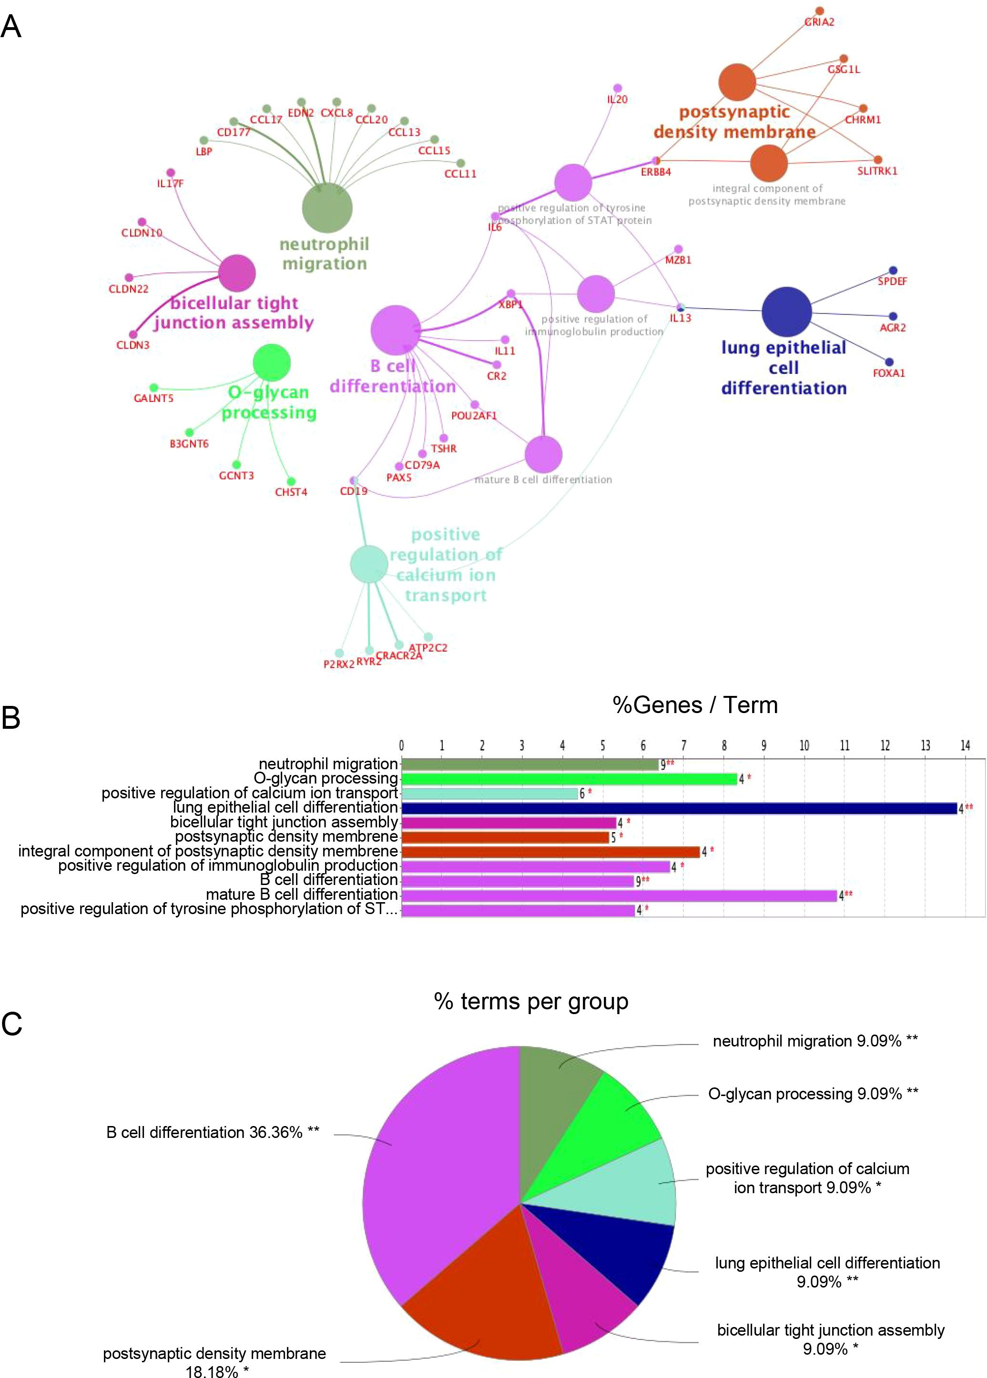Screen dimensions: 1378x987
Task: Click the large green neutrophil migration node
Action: pos(327,208)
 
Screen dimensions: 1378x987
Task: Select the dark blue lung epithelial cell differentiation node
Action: pos(786,312)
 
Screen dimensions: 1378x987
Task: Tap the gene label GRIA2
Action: pos(819,22)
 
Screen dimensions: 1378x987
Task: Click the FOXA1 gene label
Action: pos(888,373)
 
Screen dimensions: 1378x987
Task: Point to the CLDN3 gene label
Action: pos(132,345)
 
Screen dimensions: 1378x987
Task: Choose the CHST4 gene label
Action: pos(291,493)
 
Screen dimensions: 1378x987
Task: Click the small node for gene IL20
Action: pos(618,89)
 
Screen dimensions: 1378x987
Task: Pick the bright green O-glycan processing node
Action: pos(272,362)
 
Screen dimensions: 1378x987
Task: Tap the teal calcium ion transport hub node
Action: pos(369,563)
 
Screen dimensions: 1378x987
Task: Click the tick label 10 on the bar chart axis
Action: pos(804,746)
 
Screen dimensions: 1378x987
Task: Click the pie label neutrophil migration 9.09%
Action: pos(814,1041)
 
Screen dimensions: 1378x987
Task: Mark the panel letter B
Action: pos(11,718)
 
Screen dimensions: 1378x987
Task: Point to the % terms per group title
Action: pos(530,1001)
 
